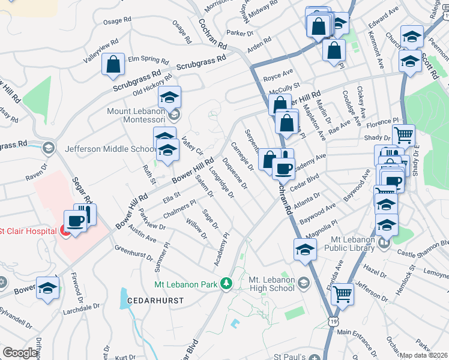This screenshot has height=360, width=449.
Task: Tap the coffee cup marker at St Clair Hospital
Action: coord(76,221)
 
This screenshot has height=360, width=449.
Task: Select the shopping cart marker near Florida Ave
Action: coord(342,294)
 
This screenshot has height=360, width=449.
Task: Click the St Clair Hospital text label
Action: coord(29,231)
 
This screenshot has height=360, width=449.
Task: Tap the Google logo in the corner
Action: coord(20,353)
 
